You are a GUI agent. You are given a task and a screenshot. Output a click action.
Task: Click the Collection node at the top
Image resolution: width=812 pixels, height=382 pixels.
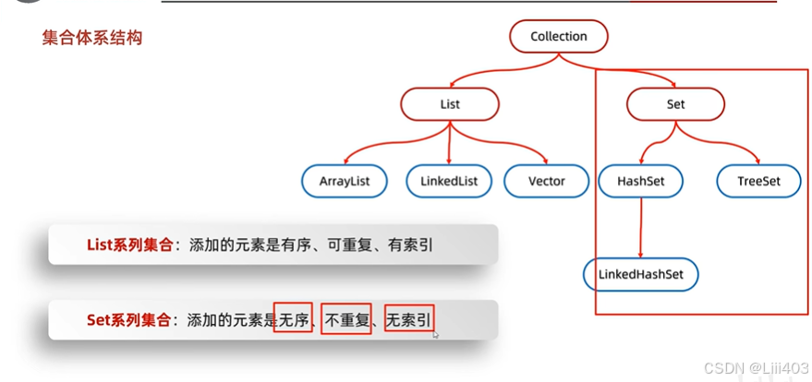559,37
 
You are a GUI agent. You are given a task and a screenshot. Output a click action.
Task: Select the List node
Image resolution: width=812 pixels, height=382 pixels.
450,104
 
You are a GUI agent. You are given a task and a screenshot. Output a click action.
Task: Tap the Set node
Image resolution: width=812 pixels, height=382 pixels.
675,104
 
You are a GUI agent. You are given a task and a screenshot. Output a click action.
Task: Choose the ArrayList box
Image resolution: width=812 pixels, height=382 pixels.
345,181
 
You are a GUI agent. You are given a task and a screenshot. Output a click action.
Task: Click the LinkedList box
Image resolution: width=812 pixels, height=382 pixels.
449,181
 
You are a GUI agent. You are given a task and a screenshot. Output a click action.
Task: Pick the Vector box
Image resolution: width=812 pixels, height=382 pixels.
546,181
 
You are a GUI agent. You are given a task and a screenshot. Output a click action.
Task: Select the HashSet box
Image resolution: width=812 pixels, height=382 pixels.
641,181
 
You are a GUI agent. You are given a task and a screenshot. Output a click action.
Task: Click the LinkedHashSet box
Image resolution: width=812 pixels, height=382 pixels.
641,275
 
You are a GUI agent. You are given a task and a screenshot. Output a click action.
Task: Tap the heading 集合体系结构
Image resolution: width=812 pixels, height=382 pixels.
92,39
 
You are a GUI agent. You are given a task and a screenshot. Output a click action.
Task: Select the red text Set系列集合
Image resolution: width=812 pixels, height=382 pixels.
128,320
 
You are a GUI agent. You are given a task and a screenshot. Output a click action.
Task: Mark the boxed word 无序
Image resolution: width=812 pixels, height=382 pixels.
294,320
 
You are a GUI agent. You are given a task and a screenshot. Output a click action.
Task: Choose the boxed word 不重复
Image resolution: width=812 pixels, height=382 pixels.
345,320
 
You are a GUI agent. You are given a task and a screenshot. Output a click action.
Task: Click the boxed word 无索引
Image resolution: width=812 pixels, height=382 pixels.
408,320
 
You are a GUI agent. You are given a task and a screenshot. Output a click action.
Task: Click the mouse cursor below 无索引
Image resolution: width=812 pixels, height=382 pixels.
435,335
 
